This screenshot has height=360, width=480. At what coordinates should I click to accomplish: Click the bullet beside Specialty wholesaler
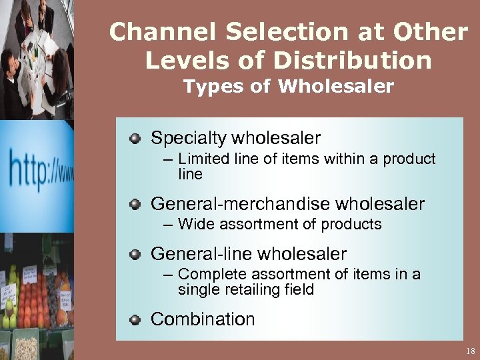coord(135,139)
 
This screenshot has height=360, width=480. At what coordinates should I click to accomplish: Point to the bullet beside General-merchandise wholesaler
coord(135,203)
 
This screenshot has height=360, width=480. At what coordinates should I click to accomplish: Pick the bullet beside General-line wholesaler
coord(135,254)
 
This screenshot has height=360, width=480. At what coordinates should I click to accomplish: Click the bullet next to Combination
coord(135,319)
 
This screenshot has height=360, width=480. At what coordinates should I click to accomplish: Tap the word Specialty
coord(188,139)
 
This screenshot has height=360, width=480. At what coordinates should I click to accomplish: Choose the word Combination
coord(203,319)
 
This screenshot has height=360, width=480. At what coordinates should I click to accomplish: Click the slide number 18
coord(471,351)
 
